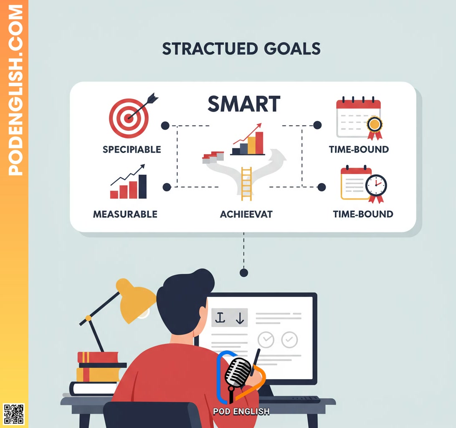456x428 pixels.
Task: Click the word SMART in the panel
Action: point(244,104)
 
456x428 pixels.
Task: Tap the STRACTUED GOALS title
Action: point(241,49)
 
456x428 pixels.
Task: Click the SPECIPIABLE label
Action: point(132,150)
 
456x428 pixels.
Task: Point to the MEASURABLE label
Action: point(125,214)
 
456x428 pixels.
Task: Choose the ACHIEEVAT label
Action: point(246,214)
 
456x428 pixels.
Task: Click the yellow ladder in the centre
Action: point(246,183)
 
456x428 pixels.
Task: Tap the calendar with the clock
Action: point(362,183)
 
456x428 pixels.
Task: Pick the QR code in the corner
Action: point(14,414)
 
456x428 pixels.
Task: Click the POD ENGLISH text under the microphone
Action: point(241,411)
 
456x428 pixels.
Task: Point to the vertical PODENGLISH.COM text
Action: point(15,90)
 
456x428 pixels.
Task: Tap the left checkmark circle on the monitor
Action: point(266,340)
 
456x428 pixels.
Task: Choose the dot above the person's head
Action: point(244,273)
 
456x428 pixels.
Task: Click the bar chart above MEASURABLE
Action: point(129,183)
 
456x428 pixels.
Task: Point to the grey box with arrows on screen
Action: point(230,318)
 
